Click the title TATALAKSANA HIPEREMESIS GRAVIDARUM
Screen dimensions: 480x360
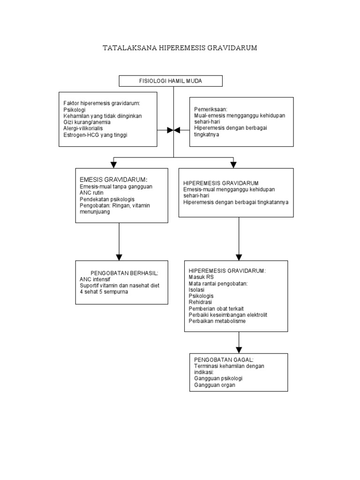click(180, 48)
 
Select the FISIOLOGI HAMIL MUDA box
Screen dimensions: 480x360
click(171, 81)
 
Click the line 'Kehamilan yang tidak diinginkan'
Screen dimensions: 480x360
click(103, 115)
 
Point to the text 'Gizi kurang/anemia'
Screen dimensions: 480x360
click(87, 122)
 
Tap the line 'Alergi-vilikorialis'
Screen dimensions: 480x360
click(86, 128)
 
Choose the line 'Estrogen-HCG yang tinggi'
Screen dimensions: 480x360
click(96, 135)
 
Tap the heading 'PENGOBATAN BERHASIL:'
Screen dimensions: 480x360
click(124, 272)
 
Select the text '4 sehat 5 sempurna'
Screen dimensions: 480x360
click(104, 292)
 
